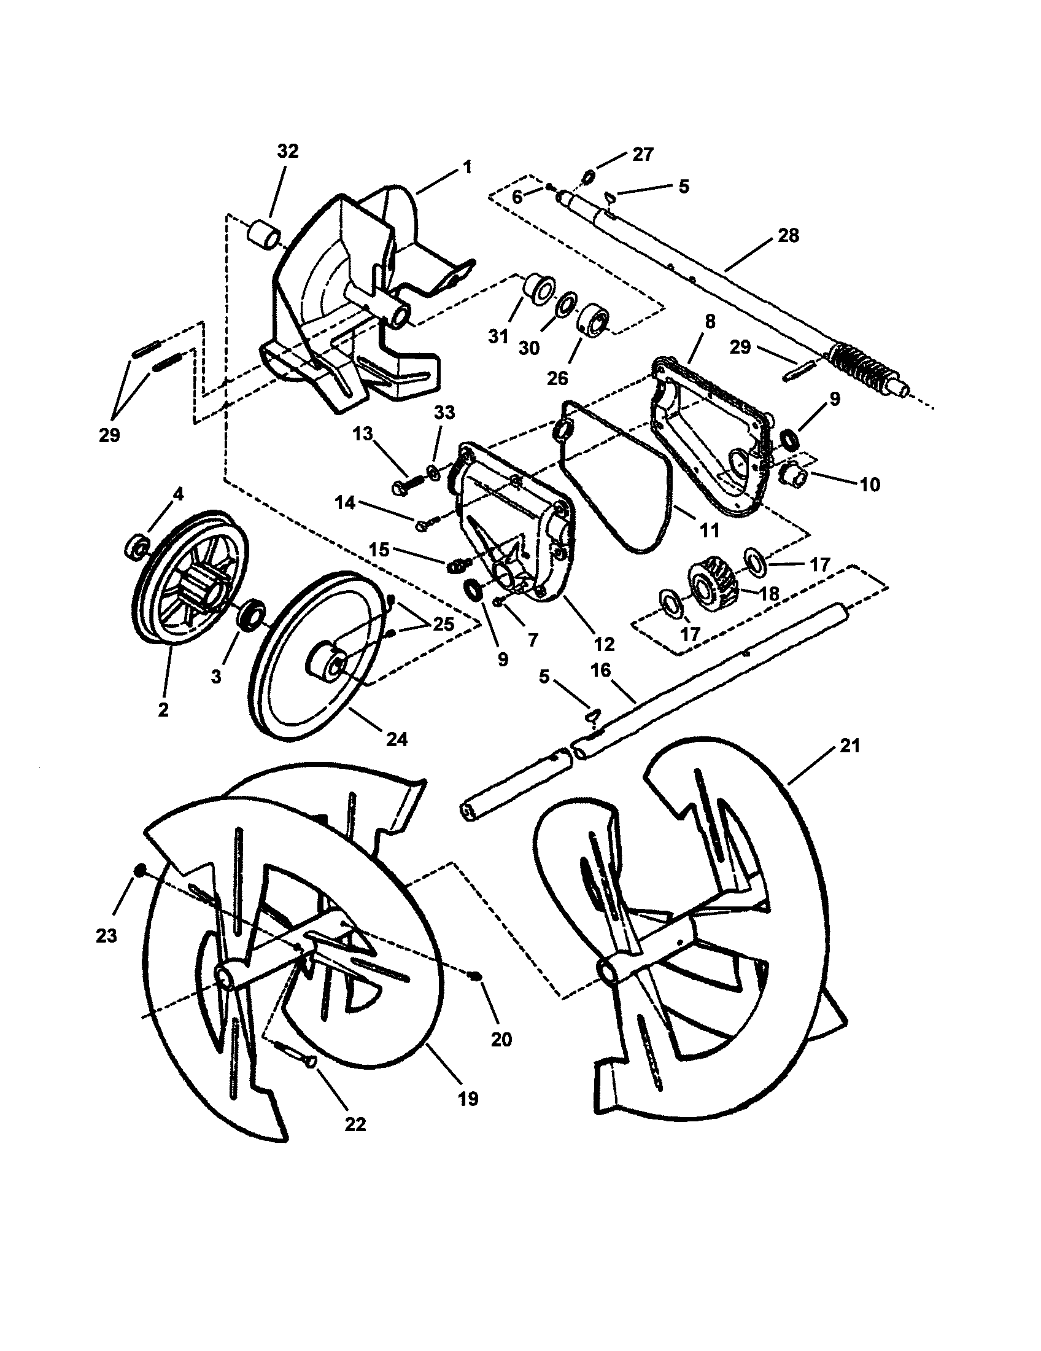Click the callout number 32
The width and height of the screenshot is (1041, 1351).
[x=287, y=152]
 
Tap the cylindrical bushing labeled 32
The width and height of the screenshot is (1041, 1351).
[x=264, y=235]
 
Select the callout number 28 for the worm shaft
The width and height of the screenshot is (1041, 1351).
[x=788, y=236]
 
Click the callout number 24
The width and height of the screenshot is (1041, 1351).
[x=397, y=739]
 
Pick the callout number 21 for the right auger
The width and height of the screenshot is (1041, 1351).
[x=850, y=746]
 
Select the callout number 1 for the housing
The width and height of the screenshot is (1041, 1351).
[x=466, y=166]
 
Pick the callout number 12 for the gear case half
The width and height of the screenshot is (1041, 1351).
[x=603, y=644]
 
